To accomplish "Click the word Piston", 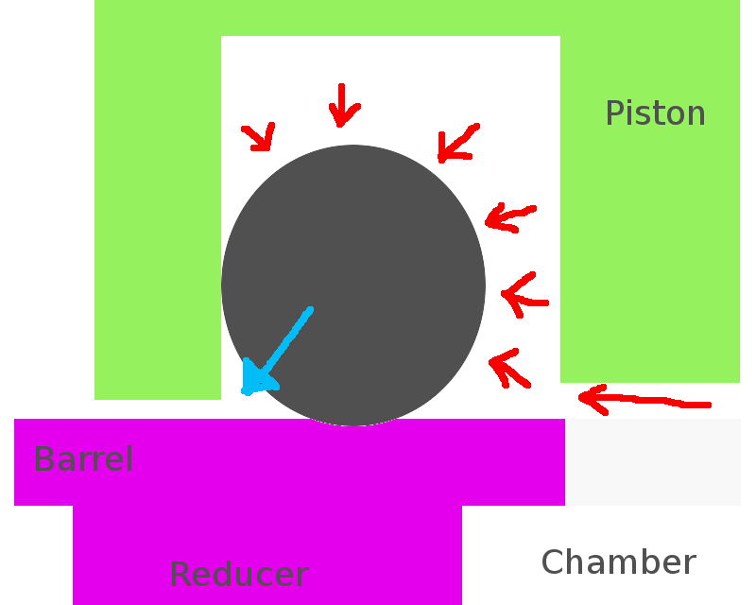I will [x=655, y=113].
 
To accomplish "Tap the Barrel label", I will [x=82, y=459].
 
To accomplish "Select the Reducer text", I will [x=238, y=574].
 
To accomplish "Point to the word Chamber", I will [x=618, y=562].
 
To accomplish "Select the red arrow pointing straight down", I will [x=342, y=104].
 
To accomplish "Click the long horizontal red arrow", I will [x=643, y=401].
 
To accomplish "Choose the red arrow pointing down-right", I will [x=258, y=137].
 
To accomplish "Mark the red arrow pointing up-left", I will [x=508, y=368].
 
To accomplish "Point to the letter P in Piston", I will [x=614, y=113].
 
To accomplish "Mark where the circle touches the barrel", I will [x=353, y=423].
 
